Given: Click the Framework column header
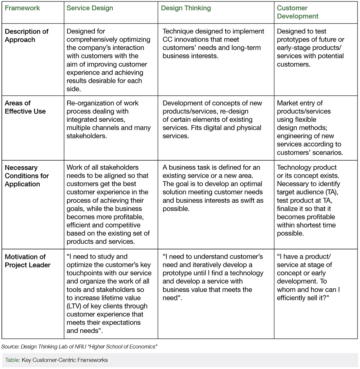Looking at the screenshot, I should (22, 8).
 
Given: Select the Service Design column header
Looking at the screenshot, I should (90, 8).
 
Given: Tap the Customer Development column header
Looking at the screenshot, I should (297, 12).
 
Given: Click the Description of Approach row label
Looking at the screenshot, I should (27, 36).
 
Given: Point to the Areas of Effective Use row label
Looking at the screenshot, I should (25, 107).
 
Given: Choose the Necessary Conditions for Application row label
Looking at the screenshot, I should (27, 176).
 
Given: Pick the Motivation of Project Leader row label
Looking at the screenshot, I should (27, 261).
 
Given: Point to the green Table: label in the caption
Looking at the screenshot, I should (12, 360).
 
